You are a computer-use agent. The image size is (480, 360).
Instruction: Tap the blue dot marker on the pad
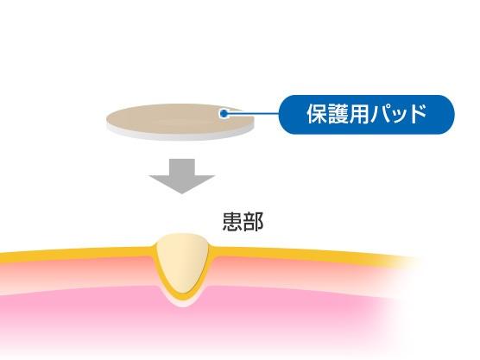coord(224,114)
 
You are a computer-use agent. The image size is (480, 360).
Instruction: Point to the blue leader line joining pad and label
coord(253,114)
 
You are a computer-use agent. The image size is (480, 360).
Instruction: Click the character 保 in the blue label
coord(317,114)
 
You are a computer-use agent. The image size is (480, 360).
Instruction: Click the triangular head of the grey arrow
coord(182,183)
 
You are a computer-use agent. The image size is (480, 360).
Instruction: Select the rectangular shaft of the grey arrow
coord(182,167)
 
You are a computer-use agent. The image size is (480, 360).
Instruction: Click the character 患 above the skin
coord(232,221)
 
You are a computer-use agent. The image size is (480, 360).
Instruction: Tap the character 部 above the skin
coord(253,221)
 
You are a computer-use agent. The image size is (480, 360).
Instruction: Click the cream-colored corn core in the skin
coord(183,260)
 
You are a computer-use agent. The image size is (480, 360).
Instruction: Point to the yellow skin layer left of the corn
coord(77,255)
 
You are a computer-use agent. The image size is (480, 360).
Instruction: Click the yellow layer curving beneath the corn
coord(183,296)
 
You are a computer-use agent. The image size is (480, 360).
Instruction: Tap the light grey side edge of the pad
coord(180,136)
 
